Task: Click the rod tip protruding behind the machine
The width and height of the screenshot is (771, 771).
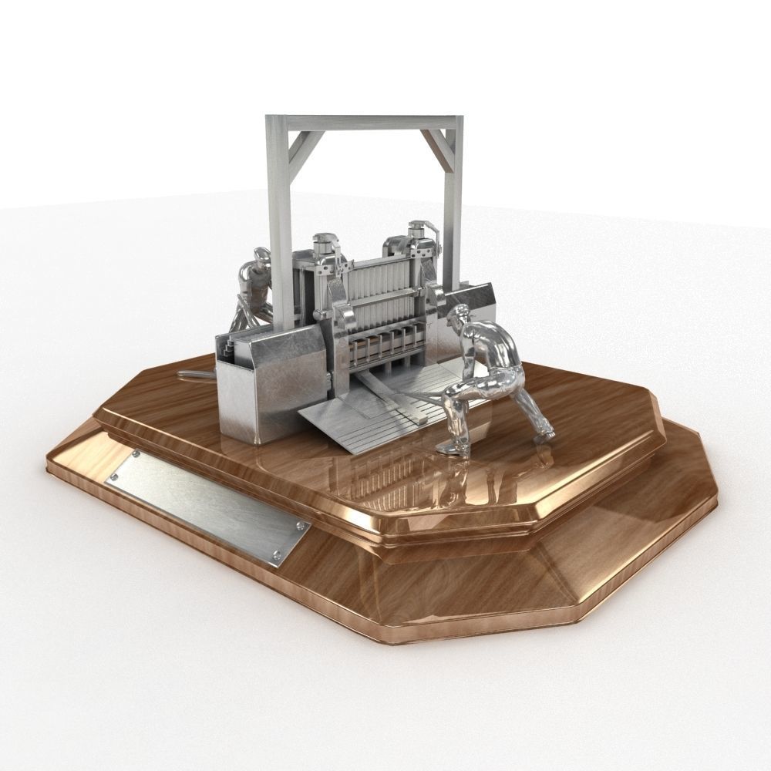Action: coord(189,375)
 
